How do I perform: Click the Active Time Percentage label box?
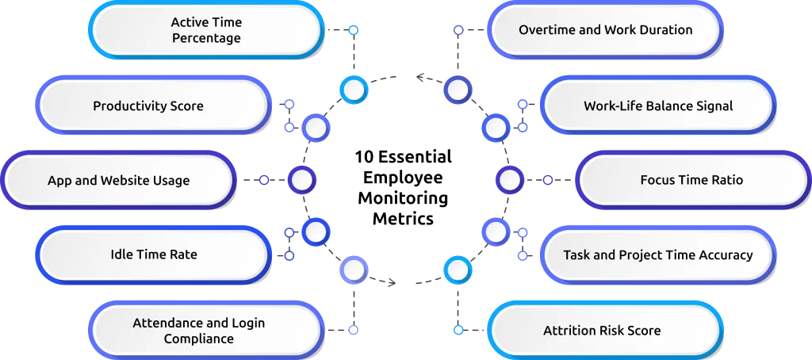click(206, 30)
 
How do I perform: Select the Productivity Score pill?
click(148, 105)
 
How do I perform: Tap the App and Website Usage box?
click(118, 180)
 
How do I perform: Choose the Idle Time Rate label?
click(154, 255)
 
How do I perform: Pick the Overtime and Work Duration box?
click(605, 30)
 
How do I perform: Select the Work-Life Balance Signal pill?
click(658, 105)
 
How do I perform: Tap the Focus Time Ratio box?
click(691, 180)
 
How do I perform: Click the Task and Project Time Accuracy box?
click(657, 255)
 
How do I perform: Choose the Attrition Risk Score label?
click(602, 331)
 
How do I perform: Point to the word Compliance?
click(199, 339)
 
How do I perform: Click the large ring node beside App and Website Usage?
click(301, 181)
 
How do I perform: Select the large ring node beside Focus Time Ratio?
click(510, 181)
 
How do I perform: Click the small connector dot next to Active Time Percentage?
click(354, 31)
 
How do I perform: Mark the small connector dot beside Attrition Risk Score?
click(458, 329)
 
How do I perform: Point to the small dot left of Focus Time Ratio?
click(547, 181)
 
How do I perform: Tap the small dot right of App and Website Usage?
click(264, 181)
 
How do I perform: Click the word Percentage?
click(206, 38)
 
